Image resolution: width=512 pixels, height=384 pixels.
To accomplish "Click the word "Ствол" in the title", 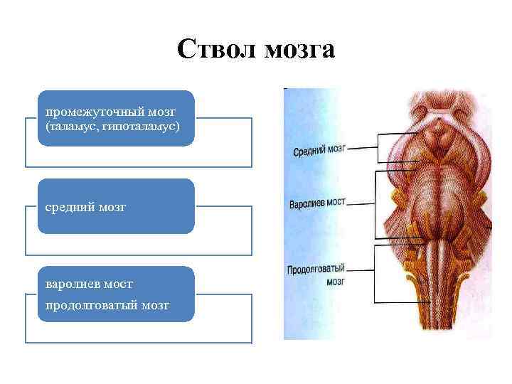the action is pyautogui.click(x=216, y=49).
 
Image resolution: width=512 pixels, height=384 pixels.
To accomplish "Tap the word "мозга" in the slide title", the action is pyautogui.click(x=299, y=50).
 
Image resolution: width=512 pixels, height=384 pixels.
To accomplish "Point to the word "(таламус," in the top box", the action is pyautogui.click(x=70, y=126).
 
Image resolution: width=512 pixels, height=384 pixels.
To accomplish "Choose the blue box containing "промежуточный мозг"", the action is pyautogui.click(x=116, y=118).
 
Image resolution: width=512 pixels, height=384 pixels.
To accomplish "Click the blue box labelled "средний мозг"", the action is pyautogui.click(x=116, y=206).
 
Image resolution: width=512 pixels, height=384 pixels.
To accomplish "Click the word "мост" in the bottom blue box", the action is pyautogui.click(x=117, y=284).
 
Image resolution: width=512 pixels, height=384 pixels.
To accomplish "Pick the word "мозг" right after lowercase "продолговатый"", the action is pyautogui.click(x=154, y=305).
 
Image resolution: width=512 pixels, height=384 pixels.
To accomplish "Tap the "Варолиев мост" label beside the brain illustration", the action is pyautogui.click(x=317, y=203).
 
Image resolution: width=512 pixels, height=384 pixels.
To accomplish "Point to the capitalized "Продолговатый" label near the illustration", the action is pyautogui.click(x=316, y=270).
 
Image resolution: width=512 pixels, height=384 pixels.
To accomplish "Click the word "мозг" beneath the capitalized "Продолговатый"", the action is pyautogui.click(x=336, y=282).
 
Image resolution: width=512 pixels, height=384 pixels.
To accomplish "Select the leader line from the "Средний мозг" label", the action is pyautogui.click(x=363, y=148).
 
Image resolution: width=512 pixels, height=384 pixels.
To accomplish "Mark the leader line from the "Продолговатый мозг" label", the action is pyautogui.click(x=361, y=270).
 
